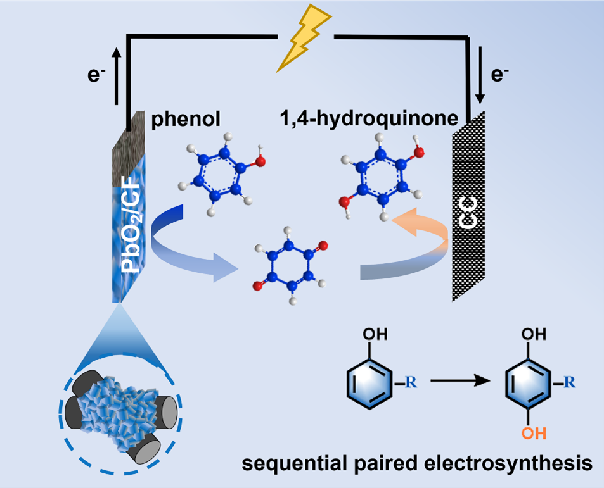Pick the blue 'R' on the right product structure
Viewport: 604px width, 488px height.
pos(570,381)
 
